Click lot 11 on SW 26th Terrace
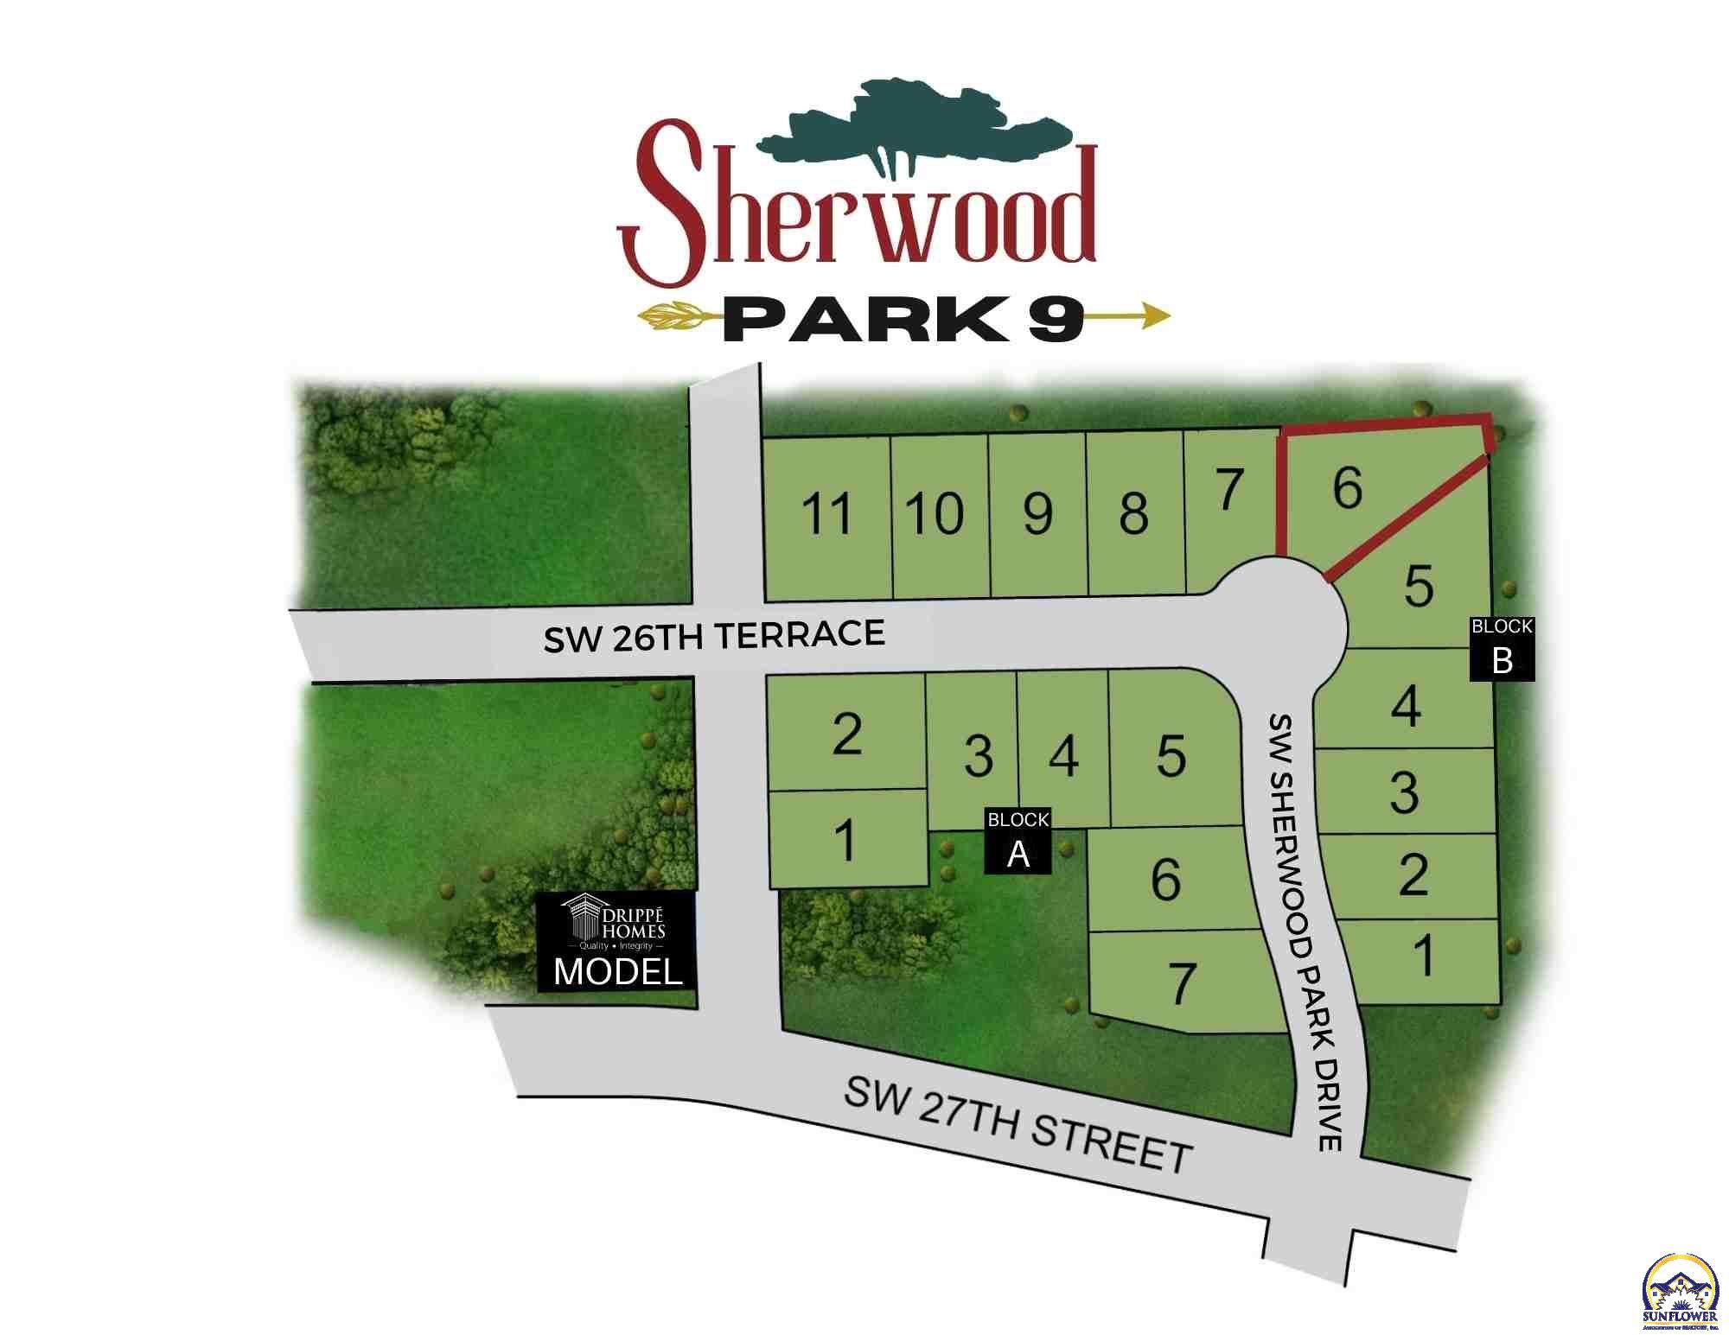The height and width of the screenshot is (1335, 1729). tap(827, 515)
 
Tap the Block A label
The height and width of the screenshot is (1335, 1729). tap(1018, 840)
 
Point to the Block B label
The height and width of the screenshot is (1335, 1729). tap(1503, 649)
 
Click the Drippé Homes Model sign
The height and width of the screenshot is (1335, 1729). tap(617, 941)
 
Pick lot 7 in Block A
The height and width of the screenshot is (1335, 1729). tap(1183, 983)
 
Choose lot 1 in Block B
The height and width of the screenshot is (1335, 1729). tap(1423, 957)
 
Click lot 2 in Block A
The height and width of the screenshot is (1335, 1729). tap(846, 734)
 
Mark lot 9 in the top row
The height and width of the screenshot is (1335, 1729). tap(1037, 515)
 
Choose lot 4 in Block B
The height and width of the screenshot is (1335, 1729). tap(1406, 705)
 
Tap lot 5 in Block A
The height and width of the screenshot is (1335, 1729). tap(1171, 756)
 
